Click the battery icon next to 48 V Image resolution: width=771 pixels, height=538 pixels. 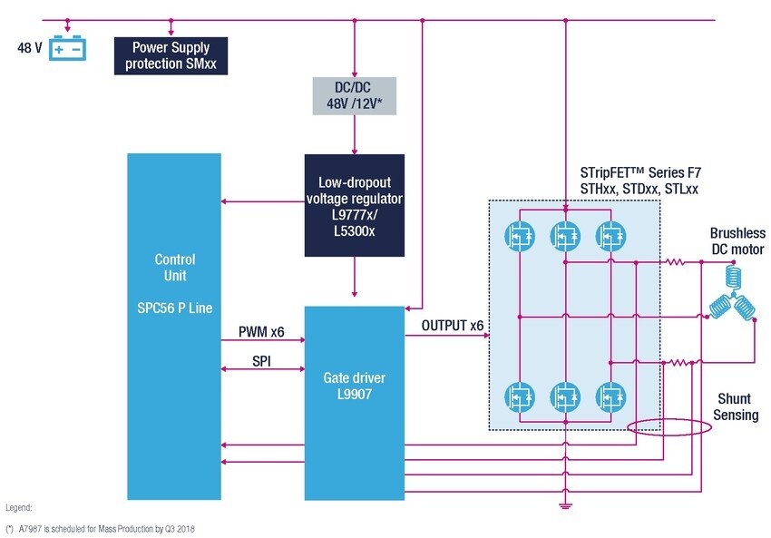click(x=68, y=48)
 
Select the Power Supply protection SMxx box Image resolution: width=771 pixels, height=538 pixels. click(x=171, y=55)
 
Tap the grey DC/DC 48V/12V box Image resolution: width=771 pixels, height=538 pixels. click(x=354, y=94)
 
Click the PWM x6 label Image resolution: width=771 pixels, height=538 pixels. click(x=261, y=332)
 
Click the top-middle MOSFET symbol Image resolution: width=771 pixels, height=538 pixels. click(x=566, y=236)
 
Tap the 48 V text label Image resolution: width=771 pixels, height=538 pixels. click(x=30, y=47)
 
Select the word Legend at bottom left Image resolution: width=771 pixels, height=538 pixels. click(x=19, y=509)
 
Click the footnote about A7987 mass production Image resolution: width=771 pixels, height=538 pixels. click(x=101, y=528)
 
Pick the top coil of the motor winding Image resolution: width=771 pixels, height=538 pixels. click(x=731, y=278)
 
